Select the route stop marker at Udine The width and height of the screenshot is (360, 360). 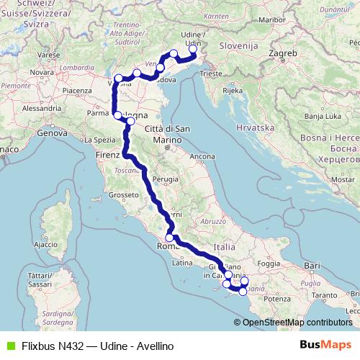[192, 49]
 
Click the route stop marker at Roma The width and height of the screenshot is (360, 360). [170, 238]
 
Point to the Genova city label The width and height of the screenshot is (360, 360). [51, 133]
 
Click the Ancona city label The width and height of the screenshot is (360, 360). [202, 156]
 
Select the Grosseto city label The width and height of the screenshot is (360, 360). [120, 194]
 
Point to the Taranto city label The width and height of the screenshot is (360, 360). [325, 295]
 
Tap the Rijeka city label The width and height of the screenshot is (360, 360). [232, 91]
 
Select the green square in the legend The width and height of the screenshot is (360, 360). [9, 346]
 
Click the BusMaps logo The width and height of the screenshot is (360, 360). [323, 345]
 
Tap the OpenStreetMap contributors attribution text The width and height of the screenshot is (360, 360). [297, 323]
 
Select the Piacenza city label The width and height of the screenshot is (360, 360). [77, 90]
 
